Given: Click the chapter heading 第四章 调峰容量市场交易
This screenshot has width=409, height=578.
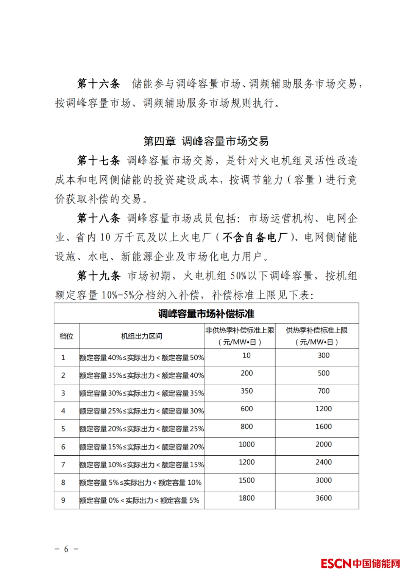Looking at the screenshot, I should (206, 141).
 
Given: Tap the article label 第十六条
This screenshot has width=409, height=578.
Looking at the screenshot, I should (98, 84).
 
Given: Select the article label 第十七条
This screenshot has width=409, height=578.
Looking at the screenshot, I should (98, 161).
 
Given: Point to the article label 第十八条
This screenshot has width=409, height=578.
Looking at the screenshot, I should (98, 218).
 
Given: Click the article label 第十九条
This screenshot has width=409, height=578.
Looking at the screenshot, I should (98, 276).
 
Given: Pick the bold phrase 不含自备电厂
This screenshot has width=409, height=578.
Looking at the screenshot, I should (255, 237).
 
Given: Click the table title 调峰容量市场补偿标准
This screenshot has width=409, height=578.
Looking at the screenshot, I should (206, 314).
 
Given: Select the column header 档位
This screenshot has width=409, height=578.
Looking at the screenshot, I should (66, 336).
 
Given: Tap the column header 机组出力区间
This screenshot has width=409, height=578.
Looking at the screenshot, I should (142, 336).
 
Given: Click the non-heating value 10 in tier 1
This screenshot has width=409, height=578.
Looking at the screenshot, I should (247, 355).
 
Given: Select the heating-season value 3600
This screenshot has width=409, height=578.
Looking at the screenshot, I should (323, 498).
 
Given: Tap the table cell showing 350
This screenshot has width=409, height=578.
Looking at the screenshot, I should (247, 391).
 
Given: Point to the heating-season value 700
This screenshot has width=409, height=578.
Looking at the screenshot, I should (323, 391).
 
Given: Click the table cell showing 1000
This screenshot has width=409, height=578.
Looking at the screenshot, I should (247, 444).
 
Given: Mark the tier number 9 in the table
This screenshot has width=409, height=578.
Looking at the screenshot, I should (63, 500).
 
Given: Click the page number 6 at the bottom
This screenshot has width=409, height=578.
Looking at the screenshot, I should (66, 549).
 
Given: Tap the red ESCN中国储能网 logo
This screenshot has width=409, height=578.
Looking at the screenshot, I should (360, 563).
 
